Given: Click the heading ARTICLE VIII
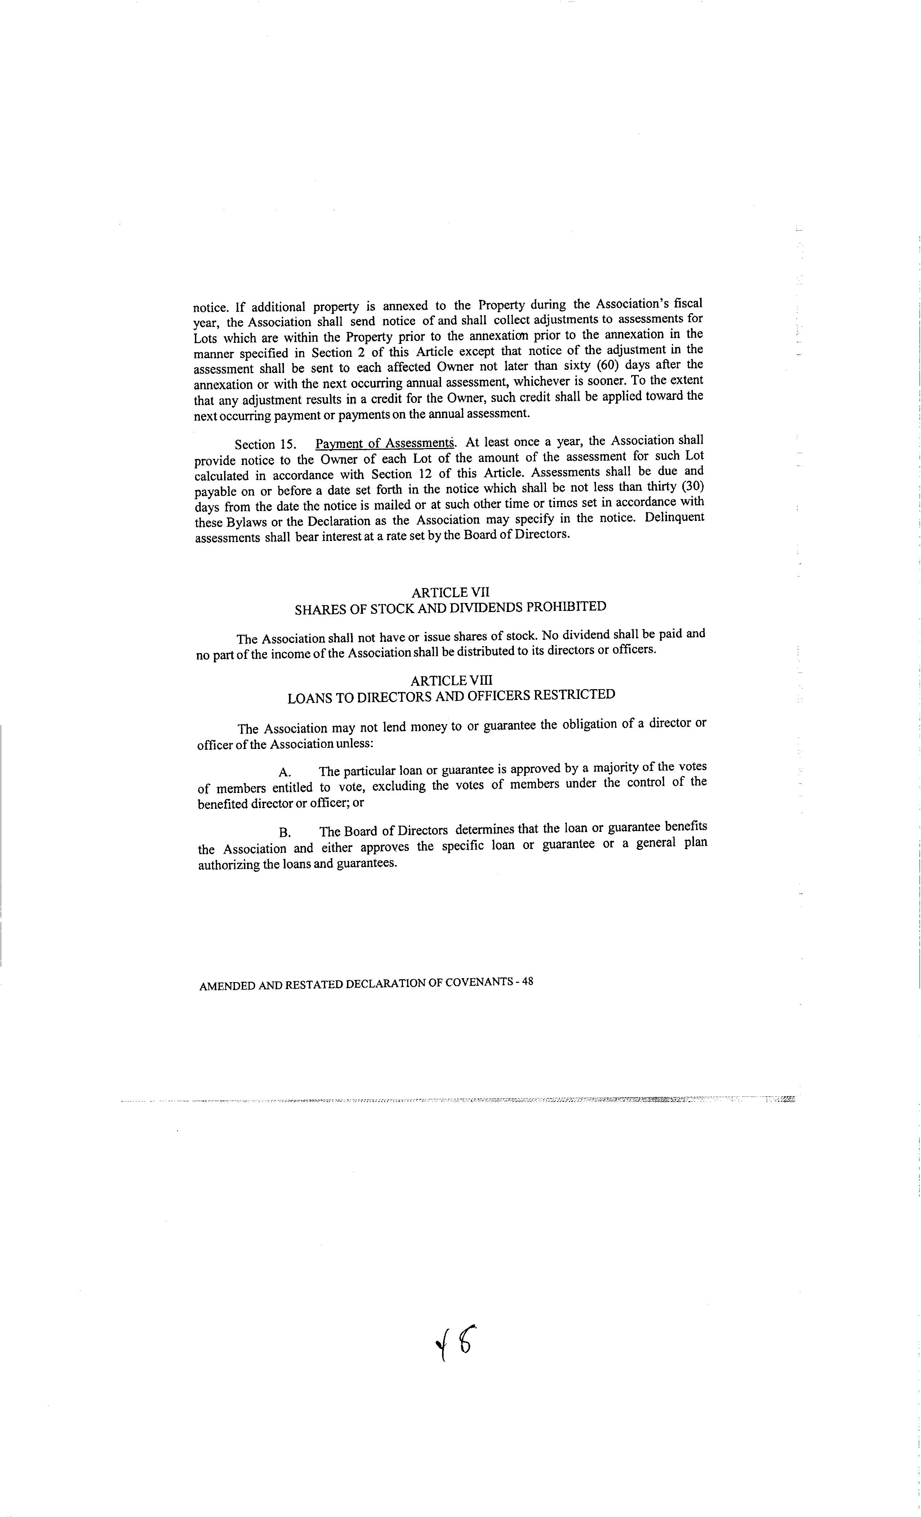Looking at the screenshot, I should (451, 680).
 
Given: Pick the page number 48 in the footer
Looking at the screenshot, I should (527, 982).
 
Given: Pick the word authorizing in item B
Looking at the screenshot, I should (228, 864).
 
